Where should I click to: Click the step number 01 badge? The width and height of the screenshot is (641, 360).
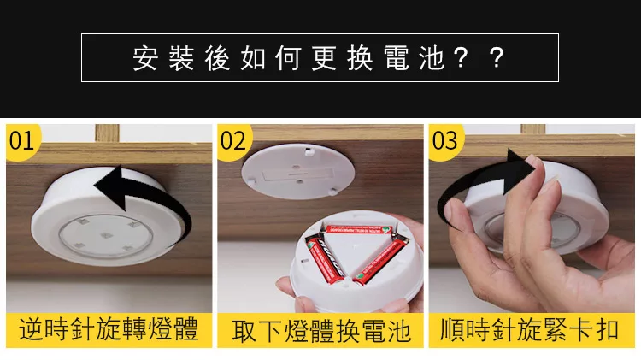pos(21,141)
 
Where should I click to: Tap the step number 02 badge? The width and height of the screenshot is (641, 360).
pos(233,141)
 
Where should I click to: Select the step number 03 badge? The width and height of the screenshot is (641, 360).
pos(444,141)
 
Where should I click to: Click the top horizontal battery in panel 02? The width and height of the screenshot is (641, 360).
pos(358,230)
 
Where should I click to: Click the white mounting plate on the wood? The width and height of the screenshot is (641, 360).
pos(297,170)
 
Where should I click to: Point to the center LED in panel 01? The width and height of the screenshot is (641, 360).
pos(106,236)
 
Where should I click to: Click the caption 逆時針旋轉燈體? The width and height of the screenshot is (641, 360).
pos(109,329)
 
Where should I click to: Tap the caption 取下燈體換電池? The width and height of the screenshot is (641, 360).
pos(320,331)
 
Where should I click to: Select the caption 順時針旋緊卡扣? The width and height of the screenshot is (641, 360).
pos(529,329)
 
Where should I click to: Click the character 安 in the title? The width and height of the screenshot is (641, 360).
pos(145,58)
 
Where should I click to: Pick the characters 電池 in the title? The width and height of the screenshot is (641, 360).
pos(415,58)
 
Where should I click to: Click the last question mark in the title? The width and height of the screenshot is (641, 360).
pos(496,58)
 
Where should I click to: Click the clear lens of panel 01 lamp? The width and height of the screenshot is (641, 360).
pos(106,237)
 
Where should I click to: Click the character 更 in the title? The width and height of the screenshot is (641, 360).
pos(324,58)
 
